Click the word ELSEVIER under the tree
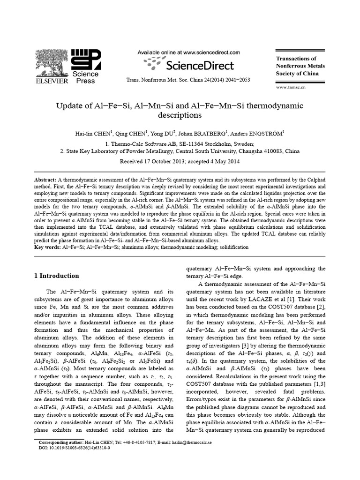pyautogui.click(x=50, y=81)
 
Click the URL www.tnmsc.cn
pyautogui.click(x=291, y=87)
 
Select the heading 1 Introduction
pyautogui.click(x=57, y=276)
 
